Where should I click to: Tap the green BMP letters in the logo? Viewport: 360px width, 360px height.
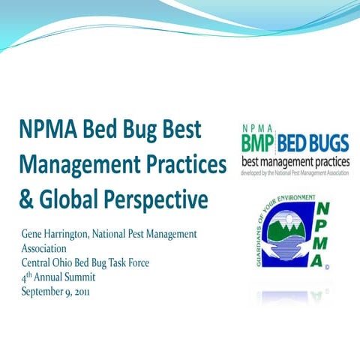pos(259,142)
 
